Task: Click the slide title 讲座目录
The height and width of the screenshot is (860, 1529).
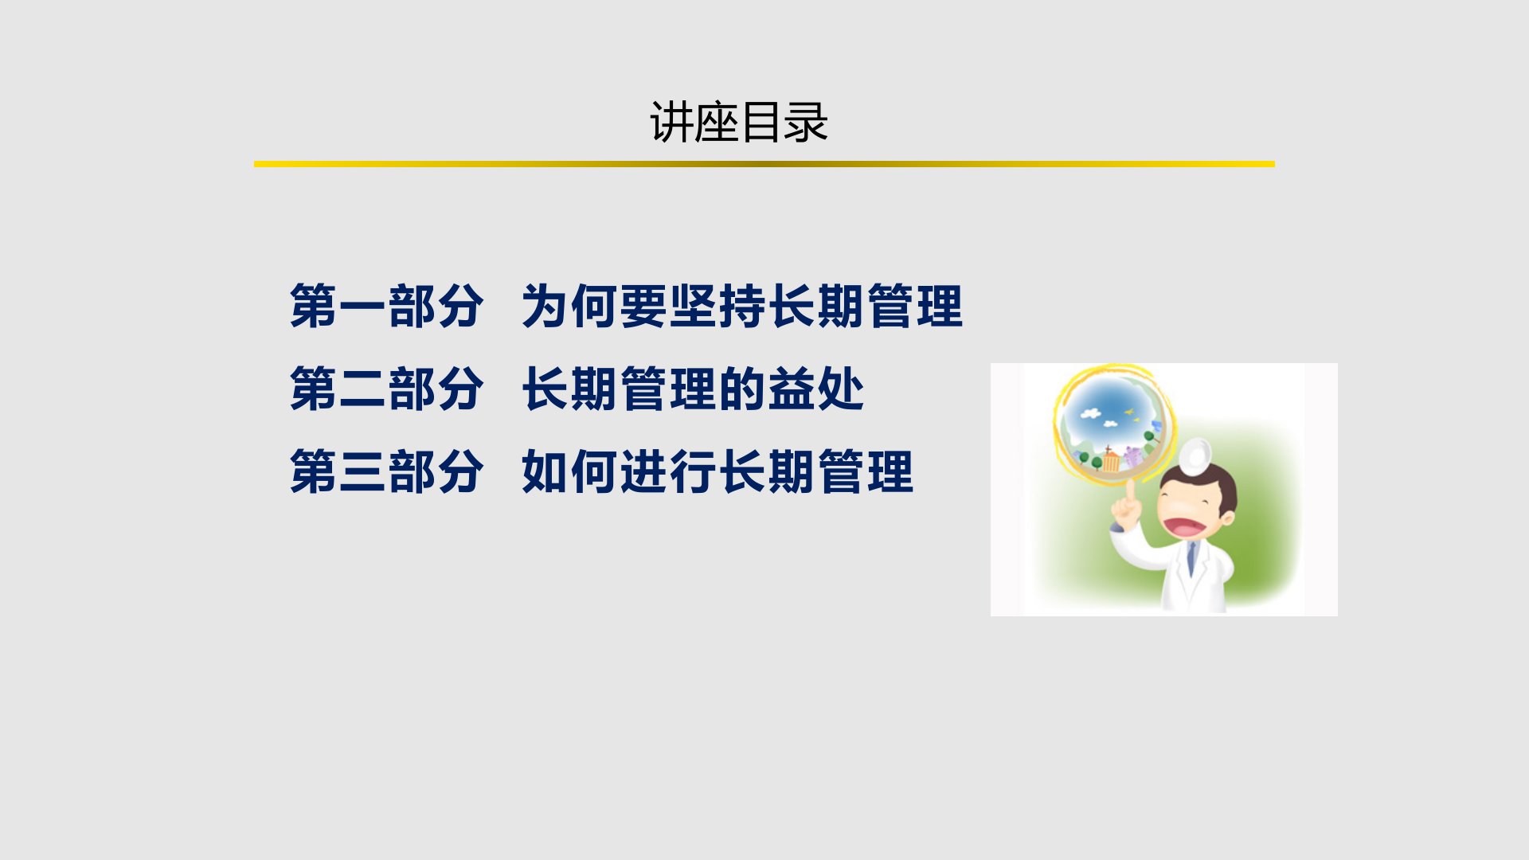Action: coord(739,123)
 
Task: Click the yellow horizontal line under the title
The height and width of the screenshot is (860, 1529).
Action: coord(764,164)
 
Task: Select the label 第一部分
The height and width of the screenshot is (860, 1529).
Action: coord(386,307)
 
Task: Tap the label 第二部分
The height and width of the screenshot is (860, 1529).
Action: coord(386,389)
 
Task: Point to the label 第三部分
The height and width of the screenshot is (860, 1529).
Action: coord(386,472)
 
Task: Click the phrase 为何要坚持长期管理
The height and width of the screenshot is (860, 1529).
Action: coord(742,307)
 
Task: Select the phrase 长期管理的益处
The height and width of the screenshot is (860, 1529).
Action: coord(693,389)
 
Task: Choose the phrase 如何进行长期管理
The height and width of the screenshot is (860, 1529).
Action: coord(718,472)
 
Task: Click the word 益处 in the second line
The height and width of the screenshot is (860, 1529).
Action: coord(815,389)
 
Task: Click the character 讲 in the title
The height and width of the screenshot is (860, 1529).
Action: coord(671,123)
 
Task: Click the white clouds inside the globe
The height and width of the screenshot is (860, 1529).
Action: coord(1091,413)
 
